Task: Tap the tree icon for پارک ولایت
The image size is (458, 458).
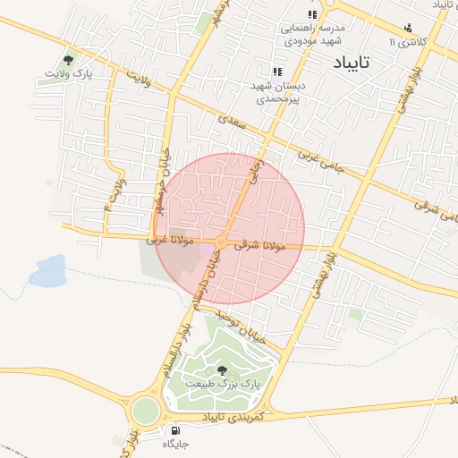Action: tap(68, 61)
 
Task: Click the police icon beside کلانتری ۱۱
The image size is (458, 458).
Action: tap(408, 29)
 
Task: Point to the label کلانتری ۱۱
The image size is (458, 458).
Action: tap(410, 42)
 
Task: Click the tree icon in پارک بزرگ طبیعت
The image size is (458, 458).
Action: tap(222, 369)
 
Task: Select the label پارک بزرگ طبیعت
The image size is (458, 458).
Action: tap(222, 383)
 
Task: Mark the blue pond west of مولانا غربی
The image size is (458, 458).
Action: tap(48, 270)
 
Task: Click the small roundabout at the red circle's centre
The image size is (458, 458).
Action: tap(220, 242)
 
